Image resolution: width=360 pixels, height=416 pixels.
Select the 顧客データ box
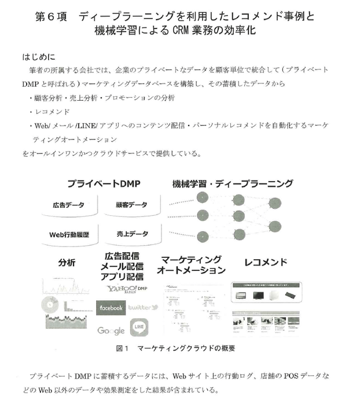pyautogui.click(x=131, y=205)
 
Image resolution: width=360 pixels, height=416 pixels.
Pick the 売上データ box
pyautogui.click(x=131, y=234)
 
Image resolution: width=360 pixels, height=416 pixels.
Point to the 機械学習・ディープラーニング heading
pyautogui.click(x=233, y=184)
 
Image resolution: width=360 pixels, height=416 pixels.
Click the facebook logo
pyautogui.click(x=111, y=308)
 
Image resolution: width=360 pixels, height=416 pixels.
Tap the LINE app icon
pyautogui.click(x=139, y=328)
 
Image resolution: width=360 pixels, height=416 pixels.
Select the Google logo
pyautogui.click(x=111, y=330)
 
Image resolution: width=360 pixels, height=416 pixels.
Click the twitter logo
pyautogui.click(x=139, y=308)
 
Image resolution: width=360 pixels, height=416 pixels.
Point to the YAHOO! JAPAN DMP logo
pyautogui.click(x=127, y=289)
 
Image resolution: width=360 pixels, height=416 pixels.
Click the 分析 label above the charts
pyautogui.click(x=67, y=262)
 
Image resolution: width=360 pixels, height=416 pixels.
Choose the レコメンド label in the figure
pyautogui.click(x=266, y=262)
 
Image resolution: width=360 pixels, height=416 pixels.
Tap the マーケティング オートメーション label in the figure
pyautogui.click(x=192, y=264)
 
